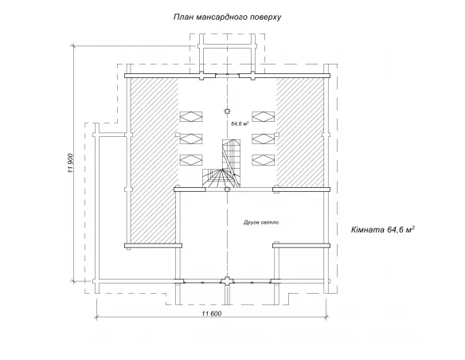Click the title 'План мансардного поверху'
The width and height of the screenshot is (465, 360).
coord(227,18)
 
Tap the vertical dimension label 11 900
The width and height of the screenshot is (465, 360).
coord(70,163)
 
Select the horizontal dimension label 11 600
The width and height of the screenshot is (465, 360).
coord(212,314)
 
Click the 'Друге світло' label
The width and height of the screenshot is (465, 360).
coord(261,222)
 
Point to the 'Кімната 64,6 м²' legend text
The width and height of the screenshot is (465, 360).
coord(382,230)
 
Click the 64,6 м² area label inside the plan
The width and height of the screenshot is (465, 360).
coord(240,123)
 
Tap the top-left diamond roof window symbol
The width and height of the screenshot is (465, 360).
coord(191,116)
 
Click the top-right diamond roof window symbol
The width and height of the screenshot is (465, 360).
coord(264,116)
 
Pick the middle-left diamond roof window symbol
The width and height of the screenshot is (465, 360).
coord(191,139)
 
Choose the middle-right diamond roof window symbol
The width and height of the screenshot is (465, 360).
coord(264,139)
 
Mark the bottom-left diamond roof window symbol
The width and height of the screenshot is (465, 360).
coord(191,160)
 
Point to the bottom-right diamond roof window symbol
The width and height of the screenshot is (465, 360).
coord(264,160)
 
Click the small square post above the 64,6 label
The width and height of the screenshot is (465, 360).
coord(227,112)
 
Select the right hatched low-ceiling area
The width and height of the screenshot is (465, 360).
coord(300,132)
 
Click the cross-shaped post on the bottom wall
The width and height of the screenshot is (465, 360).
coord(227,281)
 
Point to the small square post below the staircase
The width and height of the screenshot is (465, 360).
coord(227,190)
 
